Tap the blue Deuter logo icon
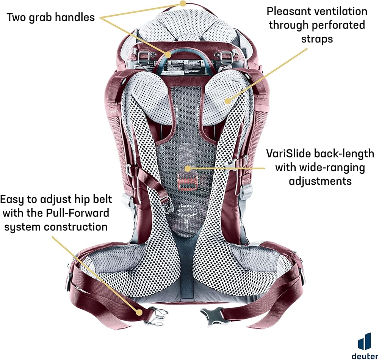pos(365,340)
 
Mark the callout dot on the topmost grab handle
pos(183,4)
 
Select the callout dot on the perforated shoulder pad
pos(227,101)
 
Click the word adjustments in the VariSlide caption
pos(320,181)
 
